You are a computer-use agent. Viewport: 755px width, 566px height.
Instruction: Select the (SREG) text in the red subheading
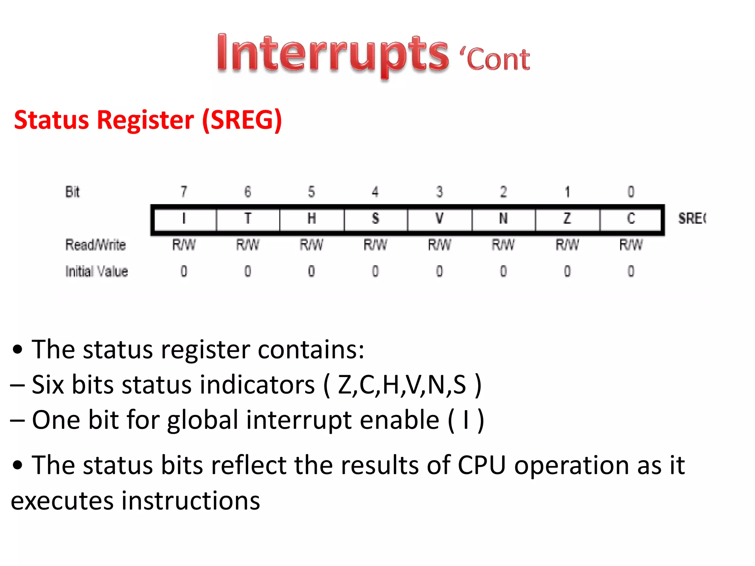tap(242, 120)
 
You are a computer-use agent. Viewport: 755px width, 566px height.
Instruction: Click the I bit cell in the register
tap(184, 219)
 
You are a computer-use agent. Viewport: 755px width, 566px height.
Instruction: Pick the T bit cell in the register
tap(248, 219)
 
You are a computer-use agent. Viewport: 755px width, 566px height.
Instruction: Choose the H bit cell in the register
tap(312, 219)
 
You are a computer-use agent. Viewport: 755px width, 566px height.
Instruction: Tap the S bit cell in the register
tap(375, 219)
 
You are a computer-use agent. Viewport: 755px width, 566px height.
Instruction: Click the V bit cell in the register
tap(439, 219)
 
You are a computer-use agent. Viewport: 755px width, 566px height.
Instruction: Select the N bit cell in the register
tap(503, 219)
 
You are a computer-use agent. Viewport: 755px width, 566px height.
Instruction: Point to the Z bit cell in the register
tap(567, 219)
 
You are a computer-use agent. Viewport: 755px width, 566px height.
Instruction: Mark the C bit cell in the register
tap(631, 219)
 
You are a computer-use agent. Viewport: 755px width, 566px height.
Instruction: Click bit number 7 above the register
tap(184, 192)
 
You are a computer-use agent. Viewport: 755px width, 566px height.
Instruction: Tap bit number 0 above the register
tap(631, 192)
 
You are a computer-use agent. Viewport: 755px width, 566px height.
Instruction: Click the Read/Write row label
tap(95, 245)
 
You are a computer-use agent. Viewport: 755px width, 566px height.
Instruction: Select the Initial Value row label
tap(97, 272)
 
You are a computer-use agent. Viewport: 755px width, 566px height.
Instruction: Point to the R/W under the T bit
tap(248, 245)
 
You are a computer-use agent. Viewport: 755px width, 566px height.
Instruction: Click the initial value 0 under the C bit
tap(631, 272)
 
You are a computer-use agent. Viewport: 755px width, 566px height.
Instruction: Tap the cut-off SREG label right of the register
tap(692, 219)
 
